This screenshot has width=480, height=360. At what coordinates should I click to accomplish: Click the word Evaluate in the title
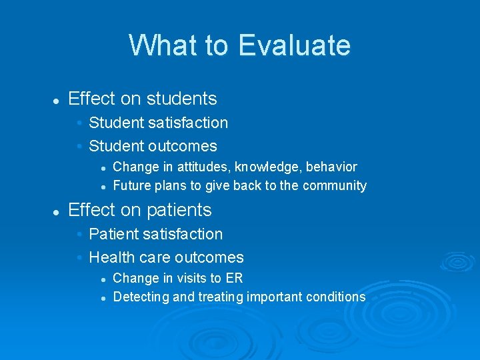294,45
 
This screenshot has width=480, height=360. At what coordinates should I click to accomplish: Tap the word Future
131,185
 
